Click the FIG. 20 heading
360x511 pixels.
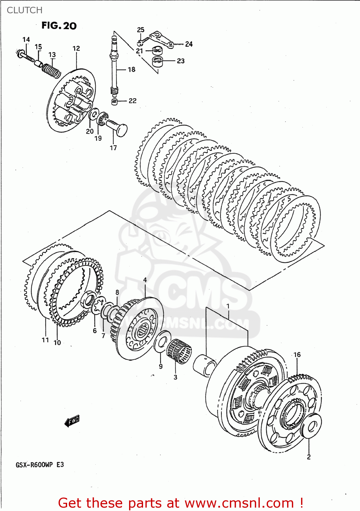[x=59, y=26]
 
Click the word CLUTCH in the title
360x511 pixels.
[x=25, y=10]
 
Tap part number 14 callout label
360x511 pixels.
[x=26, y=40]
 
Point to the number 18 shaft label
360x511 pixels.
[x=131, y=69]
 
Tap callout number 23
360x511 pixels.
[x=181, y=61]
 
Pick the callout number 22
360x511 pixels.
[x=132, y=101]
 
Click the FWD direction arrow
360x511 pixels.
[x=72, y=421]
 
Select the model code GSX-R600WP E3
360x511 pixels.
[x=40, y=465]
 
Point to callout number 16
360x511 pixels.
[x=297, y=355]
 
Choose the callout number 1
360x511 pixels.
[x=228, y=306]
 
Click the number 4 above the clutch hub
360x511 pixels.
[x=145, y=280]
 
